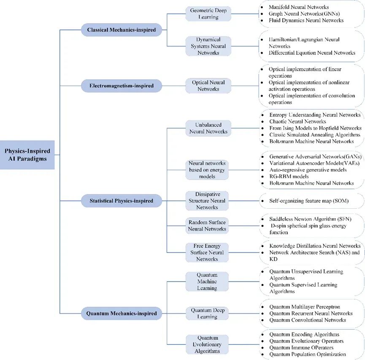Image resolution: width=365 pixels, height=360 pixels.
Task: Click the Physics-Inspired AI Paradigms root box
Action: (x=27, y=155)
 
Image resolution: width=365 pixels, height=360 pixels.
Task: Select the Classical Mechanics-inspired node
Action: (x=121, y=30)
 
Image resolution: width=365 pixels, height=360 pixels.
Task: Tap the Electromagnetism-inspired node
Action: (x=121, y=86)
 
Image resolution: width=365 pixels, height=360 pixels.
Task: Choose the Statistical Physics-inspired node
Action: (x=121, y=201)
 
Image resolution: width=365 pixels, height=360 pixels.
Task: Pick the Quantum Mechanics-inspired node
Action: (x=121, y=313)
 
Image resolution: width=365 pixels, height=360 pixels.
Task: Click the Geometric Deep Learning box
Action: (x=208, y=14)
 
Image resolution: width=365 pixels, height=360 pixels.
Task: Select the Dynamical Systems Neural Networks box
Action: (x=208, y=46)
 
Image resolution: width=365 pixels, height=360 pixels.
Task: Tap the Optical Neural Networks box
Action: (x=208, y=86)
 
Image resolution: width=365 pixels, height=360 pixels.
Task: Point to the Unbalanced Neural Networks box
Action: (x=208, y=128)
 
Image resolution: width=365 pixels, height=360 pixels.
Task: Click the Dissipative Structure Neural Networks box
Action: (x=207, y=201)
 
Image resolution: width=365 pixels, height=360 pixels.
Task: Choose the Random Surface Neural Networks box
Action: (x=207, y=226)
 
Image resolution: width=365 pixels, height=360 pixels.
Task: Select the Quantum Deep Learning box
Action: (x=207, y=313)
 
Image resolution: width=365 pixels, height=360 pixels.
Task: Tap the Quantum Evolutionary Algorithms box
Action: (x=207, y=344)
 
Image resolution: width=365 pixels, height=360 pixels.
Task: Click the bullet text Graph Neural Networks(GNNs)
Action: (x=304, y=14)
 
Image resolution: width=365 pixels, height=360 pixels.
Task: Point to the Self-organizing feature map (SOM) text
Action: (x=309, y=201)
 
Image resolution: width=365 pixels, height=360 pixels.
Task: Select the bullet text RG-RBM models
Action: (x=289, y=176)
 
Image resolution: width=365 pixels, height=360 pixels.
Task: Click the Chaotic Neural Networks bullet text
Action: (x=297, y=121)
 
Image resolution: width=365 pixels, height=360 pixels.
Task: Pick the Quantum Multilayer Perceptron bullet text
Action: (x=305, y=307)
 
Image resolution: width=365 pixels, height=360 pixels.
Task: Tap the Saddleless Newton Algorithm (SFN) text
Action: (x=310, y=219)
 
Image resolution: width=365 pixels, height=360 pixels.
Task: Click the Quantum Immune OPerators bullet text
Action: (x=301, y=348)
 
